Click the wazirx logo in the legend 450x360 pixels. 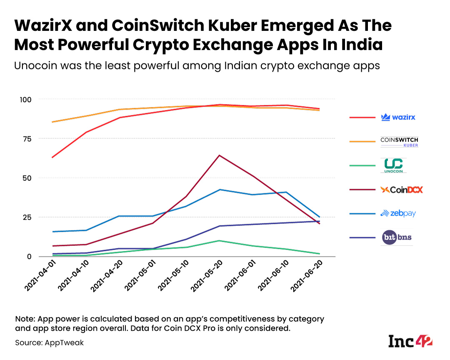point(398,117)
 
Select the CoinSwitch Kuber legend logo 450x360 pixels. point(399,142)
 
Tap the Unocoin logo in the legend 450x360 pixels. point(393,165)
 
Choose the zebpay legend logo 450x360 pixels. point(398,214)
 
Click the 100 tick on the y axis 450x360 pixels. point(26,99)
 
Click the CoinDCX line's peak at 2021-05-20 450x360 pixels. point(219,155)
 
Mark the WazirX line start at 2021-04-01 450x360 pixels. point(52,157)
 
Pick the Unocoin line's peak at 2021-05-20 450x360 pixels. point(219,241)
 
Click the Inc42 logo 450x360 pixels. point(410,341)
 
